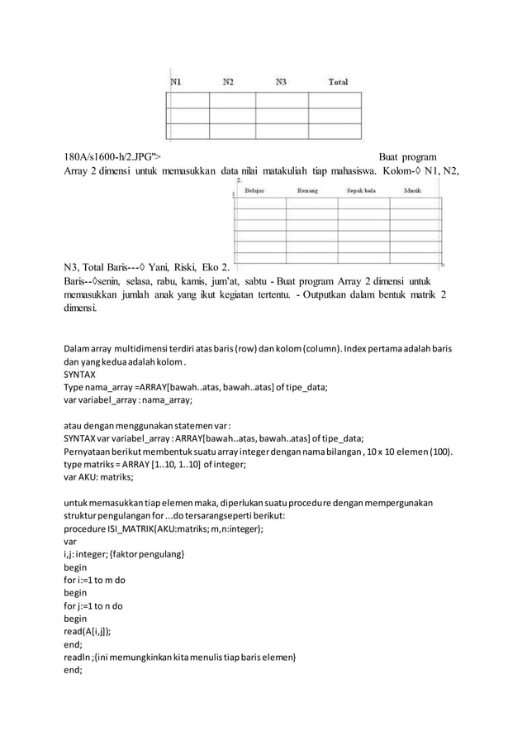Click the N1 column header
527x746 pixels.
pos(177,82)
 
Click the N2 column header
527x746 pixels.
pos(228,82)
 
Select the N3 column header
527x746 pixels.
pos(281,82)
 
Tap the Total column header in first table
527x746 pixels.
pos(338,82)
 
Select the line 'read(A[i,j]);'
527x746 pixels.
pos(93,629)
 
